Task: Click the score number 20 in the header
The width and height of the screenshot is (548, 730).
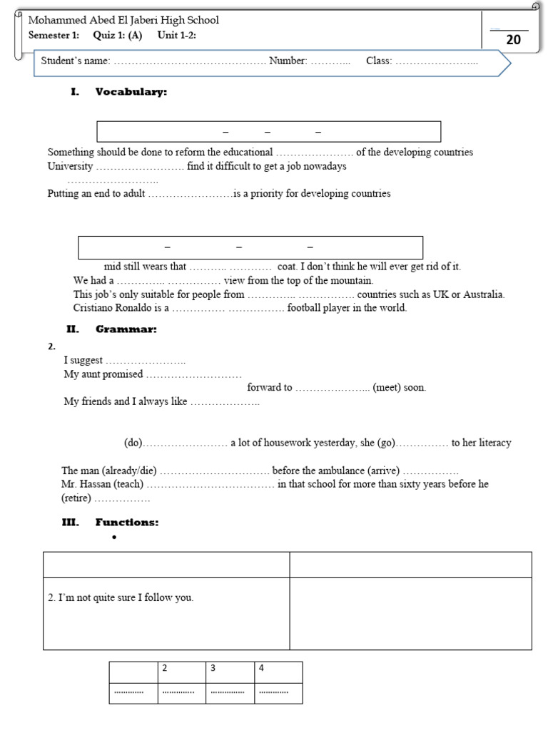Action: point(513,41)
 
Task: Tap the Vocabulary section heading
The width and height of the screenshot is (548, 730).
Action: point(131,91)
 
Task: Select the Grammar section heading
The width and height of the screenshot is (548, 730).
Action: point(126,329)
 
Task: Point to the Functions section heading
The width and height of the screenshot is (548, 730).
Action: point(127,523)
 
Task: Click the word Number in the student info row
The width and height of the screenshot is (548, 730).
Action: point(288,61)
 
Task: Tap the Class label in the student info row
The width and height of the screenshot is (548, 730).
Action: point(379,61)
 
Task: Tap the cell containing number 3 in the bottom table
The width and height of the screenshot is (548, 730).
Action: point(230,672)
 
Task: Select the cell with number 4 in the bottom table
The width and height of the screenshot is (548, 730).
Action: point(278,672)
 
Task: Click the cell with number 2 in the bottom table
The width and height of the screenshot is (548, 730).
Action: point(181,672)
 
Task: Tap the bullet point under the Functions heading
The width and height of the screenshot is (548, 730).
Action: point(114,538)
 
